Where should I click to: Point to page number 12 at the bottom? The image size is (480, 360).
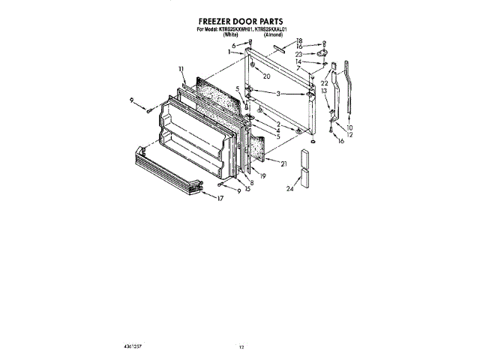tap(241, 348)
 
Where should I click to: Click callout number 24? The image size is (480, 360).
tap(289, 189)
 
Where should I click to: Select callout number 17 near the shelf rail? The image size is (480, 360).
tap(220, 199)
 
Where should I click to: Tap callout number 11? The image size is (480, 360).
tap(181, 69)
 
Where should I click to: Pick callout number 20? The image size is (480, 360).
tap(266, 76)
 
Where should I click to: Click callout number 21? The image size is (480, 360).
tap(283, 163)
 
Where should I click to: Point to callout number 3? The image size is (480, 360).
tap(279, 94)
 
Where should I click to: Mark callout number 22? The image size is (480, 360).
tap(325, 82)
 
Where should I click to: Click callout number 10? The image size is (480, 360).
tap(349, 128)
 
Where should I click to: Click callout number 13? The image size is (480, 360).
tap(325, 91)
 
